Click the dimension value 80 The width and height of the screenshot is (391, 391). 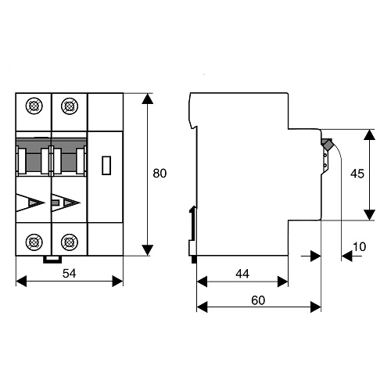pyautogui.click(x=160, y=174)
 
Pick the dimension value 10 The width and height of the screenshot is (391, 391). pyautogui.click(x=359, y=247)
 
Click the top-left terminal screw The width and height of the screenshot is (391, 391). pyautogui.click(x=34, y=104)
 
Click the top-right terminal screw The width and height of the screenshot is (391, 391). pyautogui.click(x=69, y=104)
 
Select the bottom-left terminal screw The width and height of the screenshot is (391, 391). pyautogui.click(x=34, y=242)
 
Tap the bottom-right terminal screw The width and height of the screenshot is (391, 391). pyautogui.click(x=69, y=242)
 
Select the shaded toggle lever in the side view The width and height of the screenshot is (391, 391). pyautogui.click(x=326, y=145)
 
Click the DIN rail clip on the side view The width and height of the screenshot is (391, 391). pyautogui.click(x=192, y=227)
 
